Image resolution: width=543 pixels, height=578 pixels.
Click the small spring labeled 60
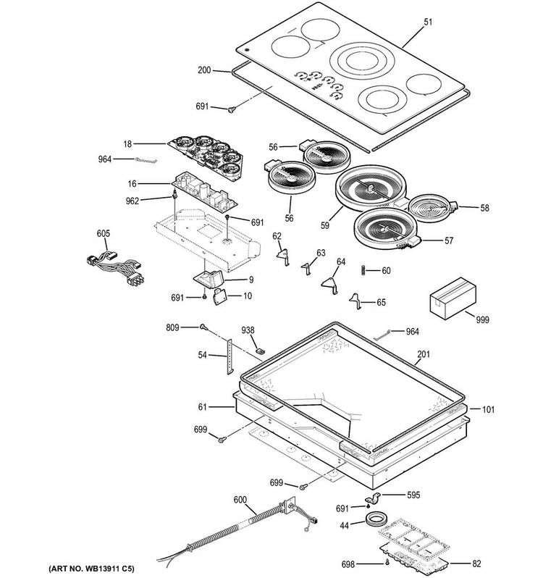click(x=364, y=270)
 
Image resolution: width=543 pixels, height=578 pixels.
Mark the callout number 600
click(x=240, y=500)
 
